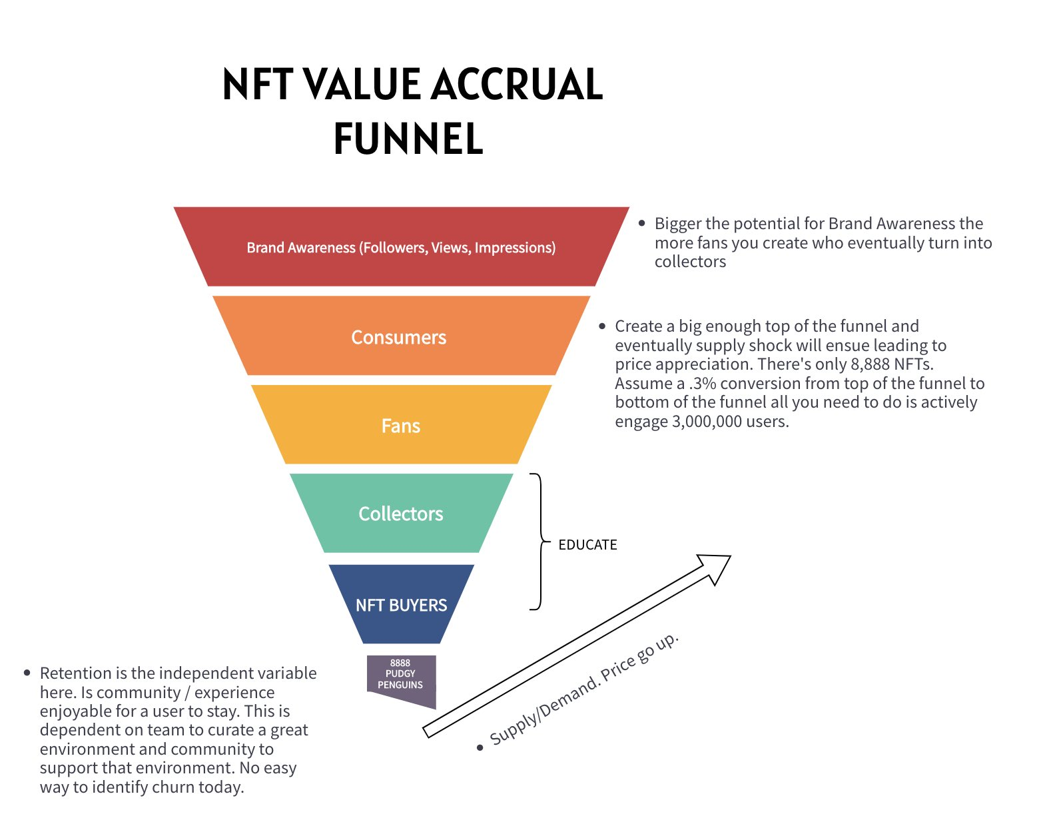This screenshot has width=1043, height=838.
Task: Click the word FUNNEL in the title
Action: pos(408,139)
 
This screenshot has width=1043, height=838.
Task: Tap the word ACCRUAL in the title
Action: pos(517,85)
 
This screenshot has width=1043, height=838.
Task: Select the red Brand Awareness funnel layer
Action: pos(401,247)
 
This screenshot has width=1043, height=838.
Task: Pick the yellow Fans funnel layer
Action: pos(401,426)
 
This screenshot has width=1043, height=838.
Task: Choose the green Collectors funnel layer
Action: pos(401,514)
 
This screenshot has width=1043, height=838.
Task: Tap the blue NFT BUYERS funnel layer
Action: pos(401,605)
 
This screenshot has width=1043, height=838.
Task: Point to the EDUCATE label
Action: pos(587,545)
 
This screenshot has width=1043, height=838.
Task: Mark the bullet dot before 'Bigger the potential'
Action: pos(642,223)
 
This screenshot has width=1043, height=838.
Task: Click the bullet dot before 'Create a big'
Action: pos(602,326)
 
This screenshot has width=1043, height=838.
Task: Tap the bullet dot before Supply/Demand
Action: pos(480,747)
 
